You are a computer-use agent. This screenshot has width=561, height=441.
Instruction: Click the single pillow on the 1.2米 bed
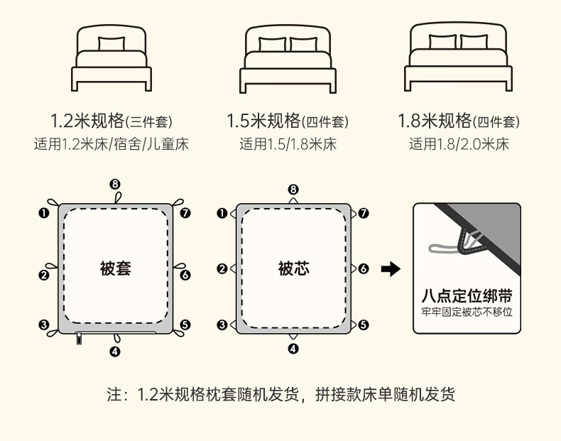click(111, 43)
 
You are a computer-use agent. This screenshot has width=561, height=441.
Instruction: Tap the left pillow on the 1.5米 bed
click(272, 45)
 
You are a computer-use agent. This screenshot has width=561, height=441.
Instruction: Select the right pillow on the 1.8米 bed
click(474, 41)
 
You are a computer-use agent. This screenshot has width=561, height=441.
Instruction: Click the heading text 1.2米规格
click(87, 121)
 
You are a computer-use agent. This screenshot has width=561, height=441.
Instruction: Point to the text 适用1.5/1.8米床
click(288, 144)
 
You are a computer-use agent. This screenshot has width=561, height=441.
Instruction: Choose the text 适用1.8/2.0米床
click(459, 144)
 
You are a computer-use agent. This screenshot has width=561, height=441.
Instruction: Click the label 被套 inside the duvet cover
click(115, 268)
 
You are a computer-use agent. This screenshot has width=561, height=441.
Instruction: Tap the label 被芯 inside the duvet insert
click(293, 268)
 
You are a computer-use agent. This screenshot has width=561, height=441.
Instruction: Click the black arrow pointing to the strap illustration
click(391, 269)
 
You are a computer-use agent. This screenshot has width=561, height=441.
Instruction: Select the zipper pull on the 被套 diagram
click(79, 338)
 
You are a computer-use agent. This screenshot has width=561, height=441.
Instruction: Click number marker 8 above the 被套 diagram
click(114, 185)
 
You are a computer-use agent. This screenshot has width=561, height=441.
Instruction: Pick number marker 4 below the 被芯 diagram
click(293, 349)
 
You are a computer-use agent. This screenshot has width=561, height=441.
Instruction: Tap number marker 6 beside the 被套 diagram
click(185, 275)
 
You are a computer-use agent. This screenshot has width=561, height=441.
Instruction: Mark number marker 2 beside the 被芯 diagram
click(222, 268)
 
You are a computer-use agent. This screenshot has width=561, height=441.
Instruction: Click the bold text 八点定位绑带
click(467, 296)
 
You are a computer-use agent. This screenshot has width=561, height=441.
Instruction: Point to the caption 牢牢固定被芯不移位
click(467, 312)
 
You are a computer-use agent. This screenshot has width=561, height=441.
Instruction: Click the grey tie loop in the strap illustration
click(444, 248)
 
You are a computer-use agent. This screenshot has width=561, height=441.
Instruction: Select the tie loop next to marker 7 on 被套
click(178, 202)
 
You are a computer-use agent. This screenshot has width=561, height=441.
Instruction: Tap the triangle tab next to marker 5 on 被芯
click(354, 325)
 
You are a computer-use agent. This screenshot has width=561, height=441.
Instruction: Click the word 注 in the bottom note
click(114, 394)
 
